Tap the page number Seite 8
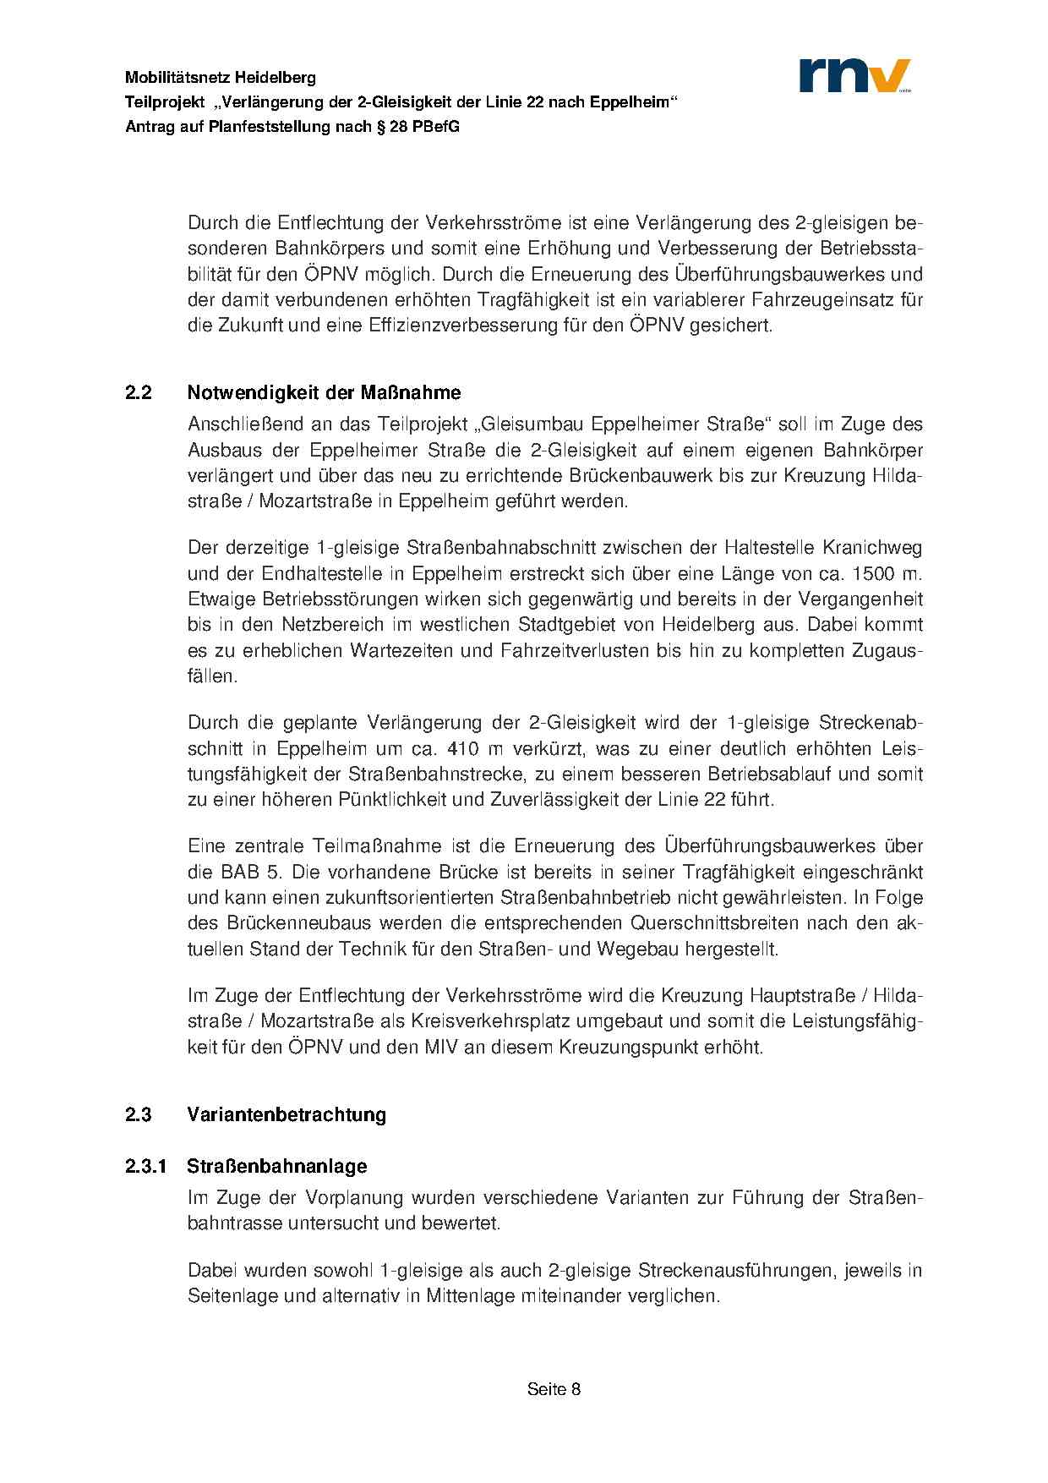pos(554,1389)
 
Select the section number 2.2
pos(139,393)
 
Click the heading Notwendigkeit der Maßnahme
pos(324,393)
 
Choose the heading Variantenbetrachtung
pos(287,1114)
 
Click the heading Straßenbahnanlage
pos(277,1167)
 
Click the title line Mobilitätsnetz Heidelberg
pos(221,78)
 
